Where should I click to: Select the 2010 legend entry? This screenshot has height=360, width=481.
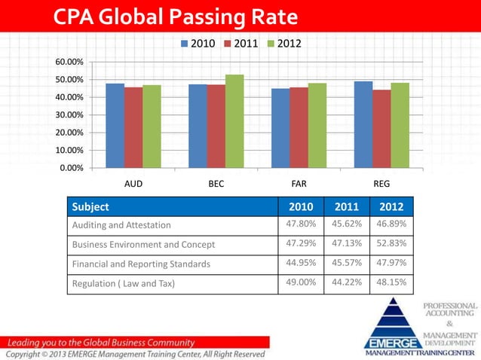[x=200, y=44]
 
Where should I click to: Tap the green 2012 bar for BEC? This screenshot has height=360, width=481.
[x=234, y=121]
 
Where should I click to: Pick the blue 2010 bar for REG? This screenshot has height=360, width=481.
[x=363, y=124]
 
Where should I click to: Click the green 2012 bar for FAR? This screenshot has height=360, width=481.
[x=317, y=125]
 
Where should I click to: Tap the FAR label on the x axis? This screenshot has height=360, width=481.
[x=299, y=183]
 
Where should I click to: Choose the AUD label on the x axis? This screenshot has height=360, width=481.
[x=133, y=183]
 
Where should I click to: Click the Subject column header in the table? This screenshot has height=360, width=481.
[x=90, y=206]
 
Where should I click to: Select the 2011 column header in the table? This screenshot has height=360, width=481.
[x=346, y=206]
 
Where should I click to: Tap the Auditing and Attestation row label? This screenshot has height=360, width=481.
[x=121, y=224]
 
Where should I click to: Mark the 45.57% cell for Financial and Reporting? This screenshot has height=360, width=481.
[x=346, y=263]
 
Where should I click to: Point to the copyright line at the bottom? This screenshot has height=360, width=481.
[x=136, y=354]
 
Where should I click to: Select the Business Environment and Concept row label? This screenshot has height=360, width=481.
[x=143, y=244]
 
